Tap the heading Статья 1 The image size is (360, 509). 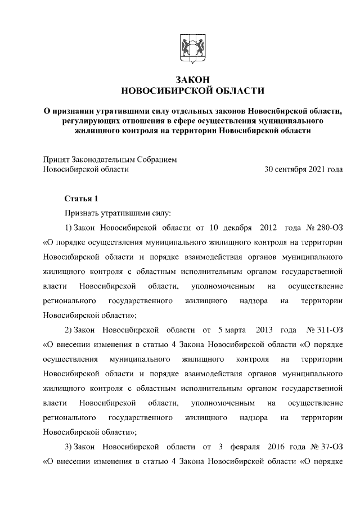[82, 199]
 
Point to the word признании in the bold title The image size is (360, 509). [75, 111]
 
